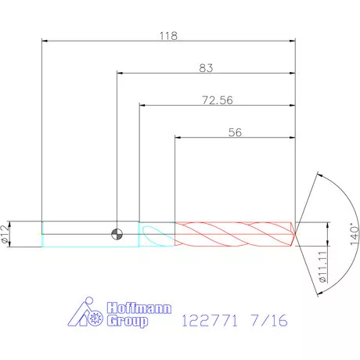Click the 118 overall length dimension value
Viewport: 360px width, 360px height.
tap(168, 36)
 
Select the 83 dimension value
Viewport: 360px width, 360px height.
tap(206, 68)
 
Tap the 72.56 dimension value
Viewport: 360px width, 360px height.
tap(218, 100)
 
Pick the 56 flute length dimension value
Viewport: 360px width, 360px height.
tap(235, 132)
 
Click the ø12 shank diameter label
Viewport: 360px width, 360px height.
tap(5, 234)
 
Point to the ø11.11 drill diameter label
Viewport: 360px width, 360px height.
tap(323, 267)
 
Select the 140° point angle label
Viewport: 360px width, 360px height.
tap(355, 234)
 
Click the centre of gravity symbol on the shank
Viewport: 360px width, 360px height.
tap(117, 234)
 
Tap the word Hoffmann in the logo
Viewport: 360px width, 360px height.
tap(139, 308)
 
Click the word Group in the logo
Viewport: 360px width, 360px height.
tap(128, 321)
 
